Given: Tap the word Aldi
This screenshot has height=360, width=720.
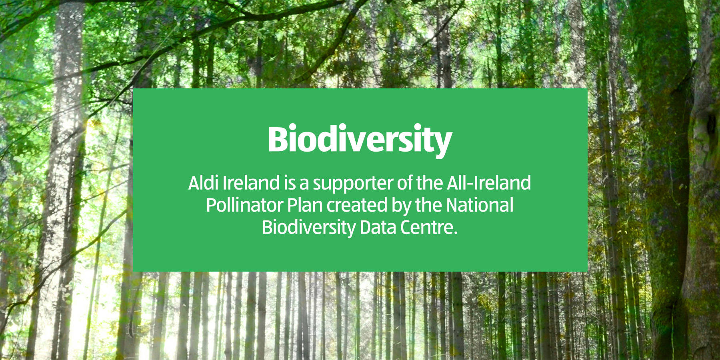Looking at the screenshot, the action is (204, 183).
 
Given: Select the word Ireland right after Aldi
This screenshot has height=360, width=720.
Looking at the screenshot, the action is (251, 183).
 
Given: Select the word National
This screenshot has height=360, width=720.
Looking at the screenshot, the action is (480, 206).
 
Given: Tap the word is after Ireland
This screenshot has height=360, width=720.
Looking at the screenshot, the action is (290, 183).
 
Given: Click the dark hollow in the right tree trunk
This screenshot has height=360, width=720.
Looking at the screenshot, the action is (711, 124).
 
